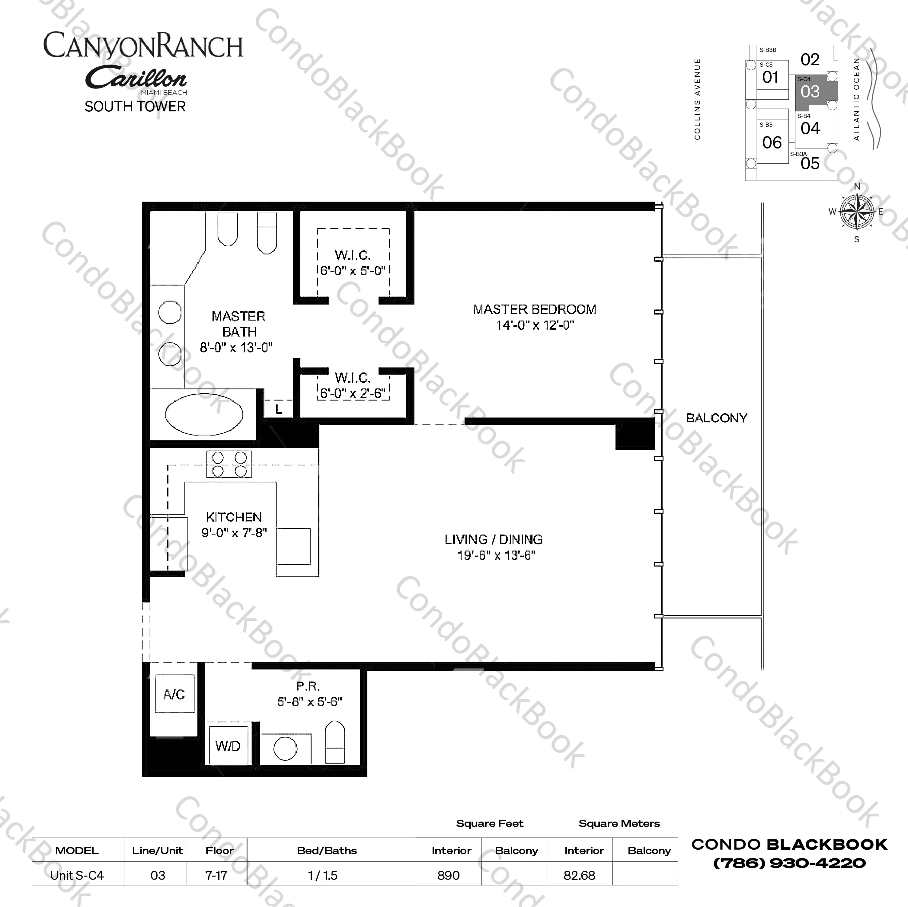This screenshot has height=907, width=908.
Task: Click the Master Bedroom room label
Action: (534, 309)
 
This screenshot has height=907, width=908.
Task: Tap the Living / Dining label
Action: (494, 539)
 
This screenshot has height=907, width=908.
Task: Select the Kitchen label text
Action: (234, 517)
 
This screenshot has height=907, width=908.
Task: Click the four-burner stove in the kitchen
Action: (229, 464)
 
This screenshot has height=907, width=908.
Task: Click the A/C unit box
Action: (174, 694)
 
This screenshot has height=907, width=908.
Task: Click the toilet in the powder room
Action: (335, 743)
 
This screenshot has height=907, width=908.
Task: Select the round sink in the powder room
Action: (285, 748)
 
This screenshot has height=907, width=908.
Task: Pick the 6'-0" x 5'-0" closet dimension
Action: (353, 271)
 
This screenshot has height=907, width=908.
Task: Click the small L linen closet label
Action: (279, 409)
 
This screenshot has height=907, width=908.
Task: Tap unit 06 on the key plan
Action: (772, 142)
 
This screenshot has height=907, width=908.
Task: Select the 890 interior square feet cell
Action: (448, 875)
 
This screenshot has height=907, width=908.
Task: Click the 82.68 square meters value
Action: (580, 875)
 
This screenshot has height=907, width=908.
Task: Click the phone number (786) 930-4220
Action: (790, 863)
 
